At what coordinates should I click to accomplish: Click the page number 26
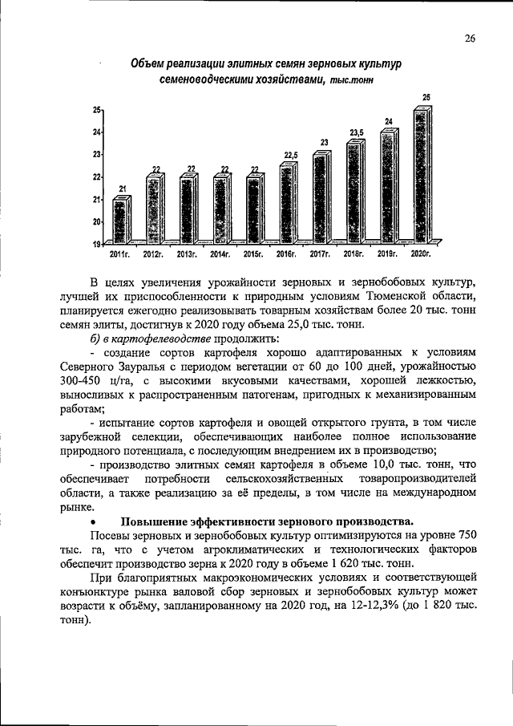[469, 37]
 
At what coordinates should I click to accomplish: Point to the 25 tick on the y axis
[96, 109]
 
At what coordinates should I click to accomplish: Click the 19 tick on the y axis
[96, 244]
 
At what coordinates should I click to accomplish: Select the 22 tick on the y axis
[96, 176]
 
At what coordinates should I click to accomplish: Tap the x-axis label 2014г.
[220, 255]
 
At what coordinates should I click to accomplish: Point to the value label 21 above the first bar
[123, 189]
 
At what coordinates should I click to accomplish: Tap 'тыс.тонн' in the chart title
[349, 80]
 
